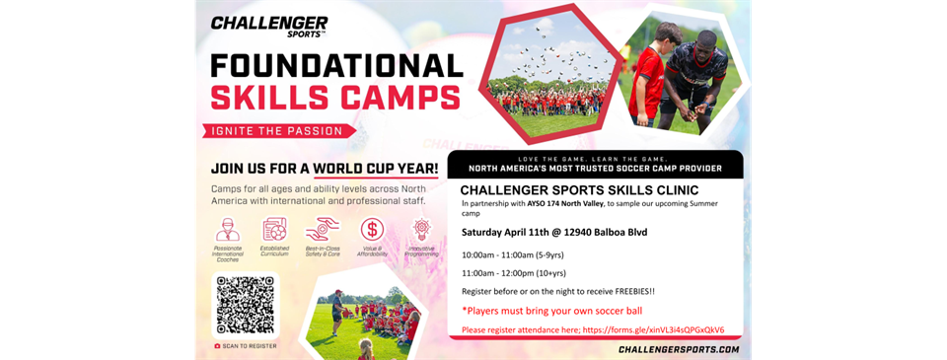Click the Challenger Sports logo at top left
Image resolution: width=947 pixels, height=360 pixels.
point(268,26)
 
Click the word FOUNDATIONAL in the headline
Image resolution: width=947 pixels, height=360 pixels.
point(336,65)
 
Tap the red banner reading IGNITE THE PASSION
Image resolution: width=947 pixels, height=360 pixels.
point(278,130)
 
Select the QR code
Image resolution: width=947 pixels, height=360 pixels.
point(246,304)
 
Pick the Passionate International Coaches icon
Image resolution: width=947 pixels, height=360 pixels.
point(227,230)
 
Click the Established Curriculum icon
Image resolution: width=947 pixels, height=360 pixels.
point(275,230)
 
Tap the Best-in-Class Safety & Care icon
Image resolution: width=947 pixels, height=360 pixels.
point(323,230)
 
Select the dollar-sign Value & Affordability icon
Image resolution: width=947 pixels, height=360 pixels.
point(372,230)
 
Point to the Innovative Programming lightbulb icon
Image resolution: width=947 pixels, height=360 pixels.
point(421,230)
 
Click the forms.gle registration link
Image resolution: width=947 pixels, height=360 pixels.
point(652,329)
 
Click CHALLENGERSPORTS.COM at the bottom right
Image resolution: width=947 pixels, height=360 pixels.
point(678,349)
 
